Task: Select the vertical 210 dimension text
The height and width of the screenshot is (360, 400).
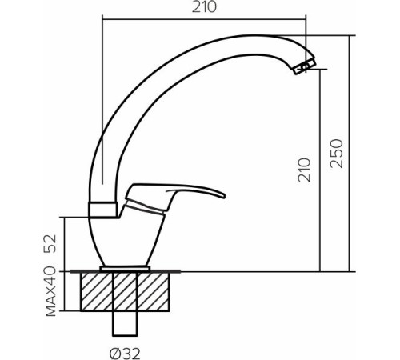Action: [x=304, y=170]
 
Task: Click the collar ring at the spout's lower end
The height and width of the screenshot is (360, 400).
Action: [x=104, y=210]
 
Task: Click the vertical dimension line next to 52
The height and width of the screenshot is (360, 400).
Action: [x=64, y=242]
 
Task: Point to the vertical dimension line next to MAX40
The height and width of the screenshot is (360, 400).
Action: [x=64, y=293]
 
